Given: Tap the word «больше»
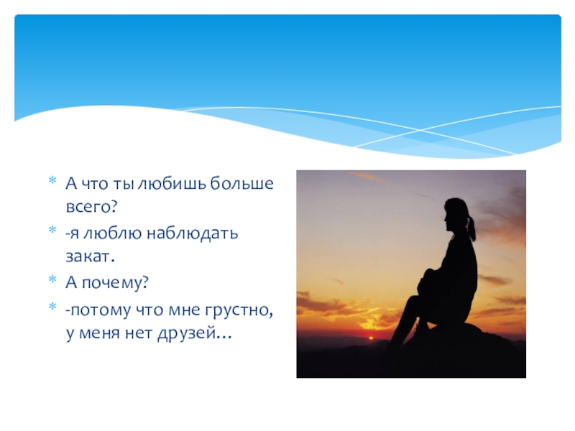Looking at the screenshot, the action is (x=242, y=183).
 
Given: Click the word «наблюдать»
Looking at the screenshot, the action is (x=193, y=233).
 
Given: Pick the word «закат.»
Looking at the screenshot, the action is (x=91, y=256).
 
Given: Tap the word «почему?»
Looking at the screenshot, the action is (x=115, y=282).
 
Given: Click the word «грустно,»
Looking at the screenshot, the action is (x=239, y=310).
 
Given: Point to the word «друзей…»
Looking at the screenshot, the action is (x=195, y=334).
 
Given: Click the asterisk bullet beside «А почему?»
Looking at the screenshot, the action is (x=52, y=279).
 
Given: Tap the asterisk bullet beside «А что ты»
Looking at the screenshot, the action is (x=52, y=180).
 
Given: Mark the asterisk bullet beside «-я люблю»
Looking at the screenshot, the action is (x=52, y=230).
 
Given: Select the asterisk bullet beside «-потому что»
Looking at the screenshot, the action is (x=52, y=307).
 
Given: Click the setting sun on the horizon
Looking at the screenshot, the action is (x=370, y=338).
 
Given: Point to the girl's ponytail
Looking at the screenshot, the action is (x=471, y=228).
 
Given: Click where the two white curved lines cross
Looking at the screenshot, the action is (x=420, y=130).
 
